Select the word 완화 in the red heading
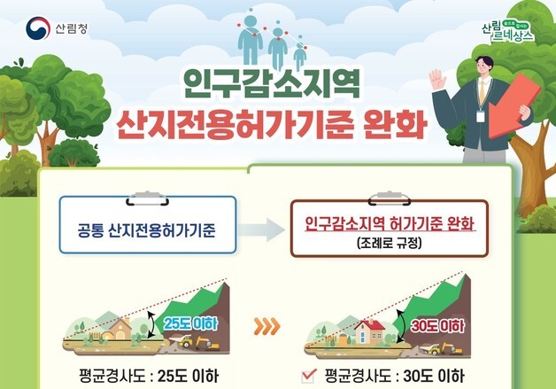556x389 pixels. point(386,125)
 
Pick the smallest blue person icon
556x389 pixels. point(300,53)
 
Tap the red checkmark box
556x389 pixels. point(308,373)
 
